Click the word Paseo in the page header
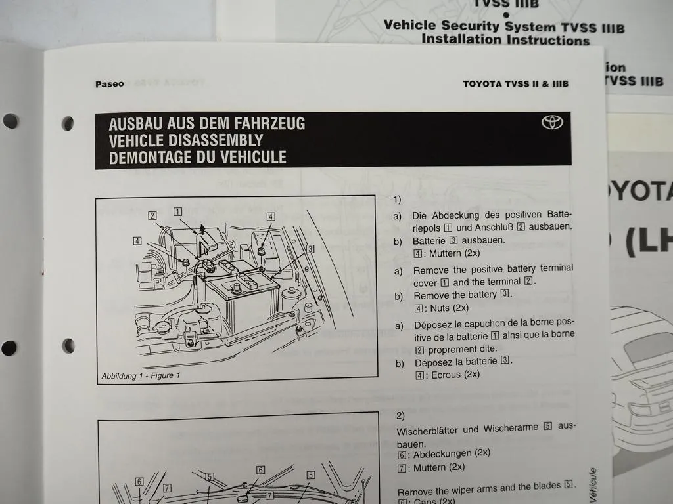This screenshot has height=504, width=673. point(109,84)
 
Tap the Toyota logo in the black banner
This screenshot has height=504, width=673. point(552,123)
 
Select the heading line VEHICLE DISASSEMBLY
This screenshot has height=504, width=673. point(185,140)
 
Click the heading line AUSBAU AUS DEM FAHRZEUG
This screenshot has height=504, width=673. point(206,123)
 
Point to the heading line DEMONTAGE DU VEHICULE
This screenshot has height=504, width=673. point(197,157)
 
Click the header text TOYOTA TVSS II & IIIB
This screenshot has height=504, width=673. point(515,84)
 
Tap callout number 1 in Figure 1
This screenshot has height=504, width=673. point(177,211)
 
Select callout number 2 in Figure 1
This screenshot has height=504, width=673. point(152,215)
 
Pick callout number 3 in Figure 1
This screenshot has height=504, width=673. point(310,249)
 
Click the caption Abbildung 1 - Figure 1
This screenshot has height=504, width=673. point(141,376)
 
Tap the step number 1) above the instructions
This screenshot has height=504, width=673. point(397,199)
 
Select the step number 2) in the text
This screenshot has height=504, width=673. point(401,415)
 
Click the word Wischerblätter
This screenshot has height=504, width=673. point(429,430)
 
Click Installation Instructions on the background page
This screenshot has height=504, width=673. point(505,39)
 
